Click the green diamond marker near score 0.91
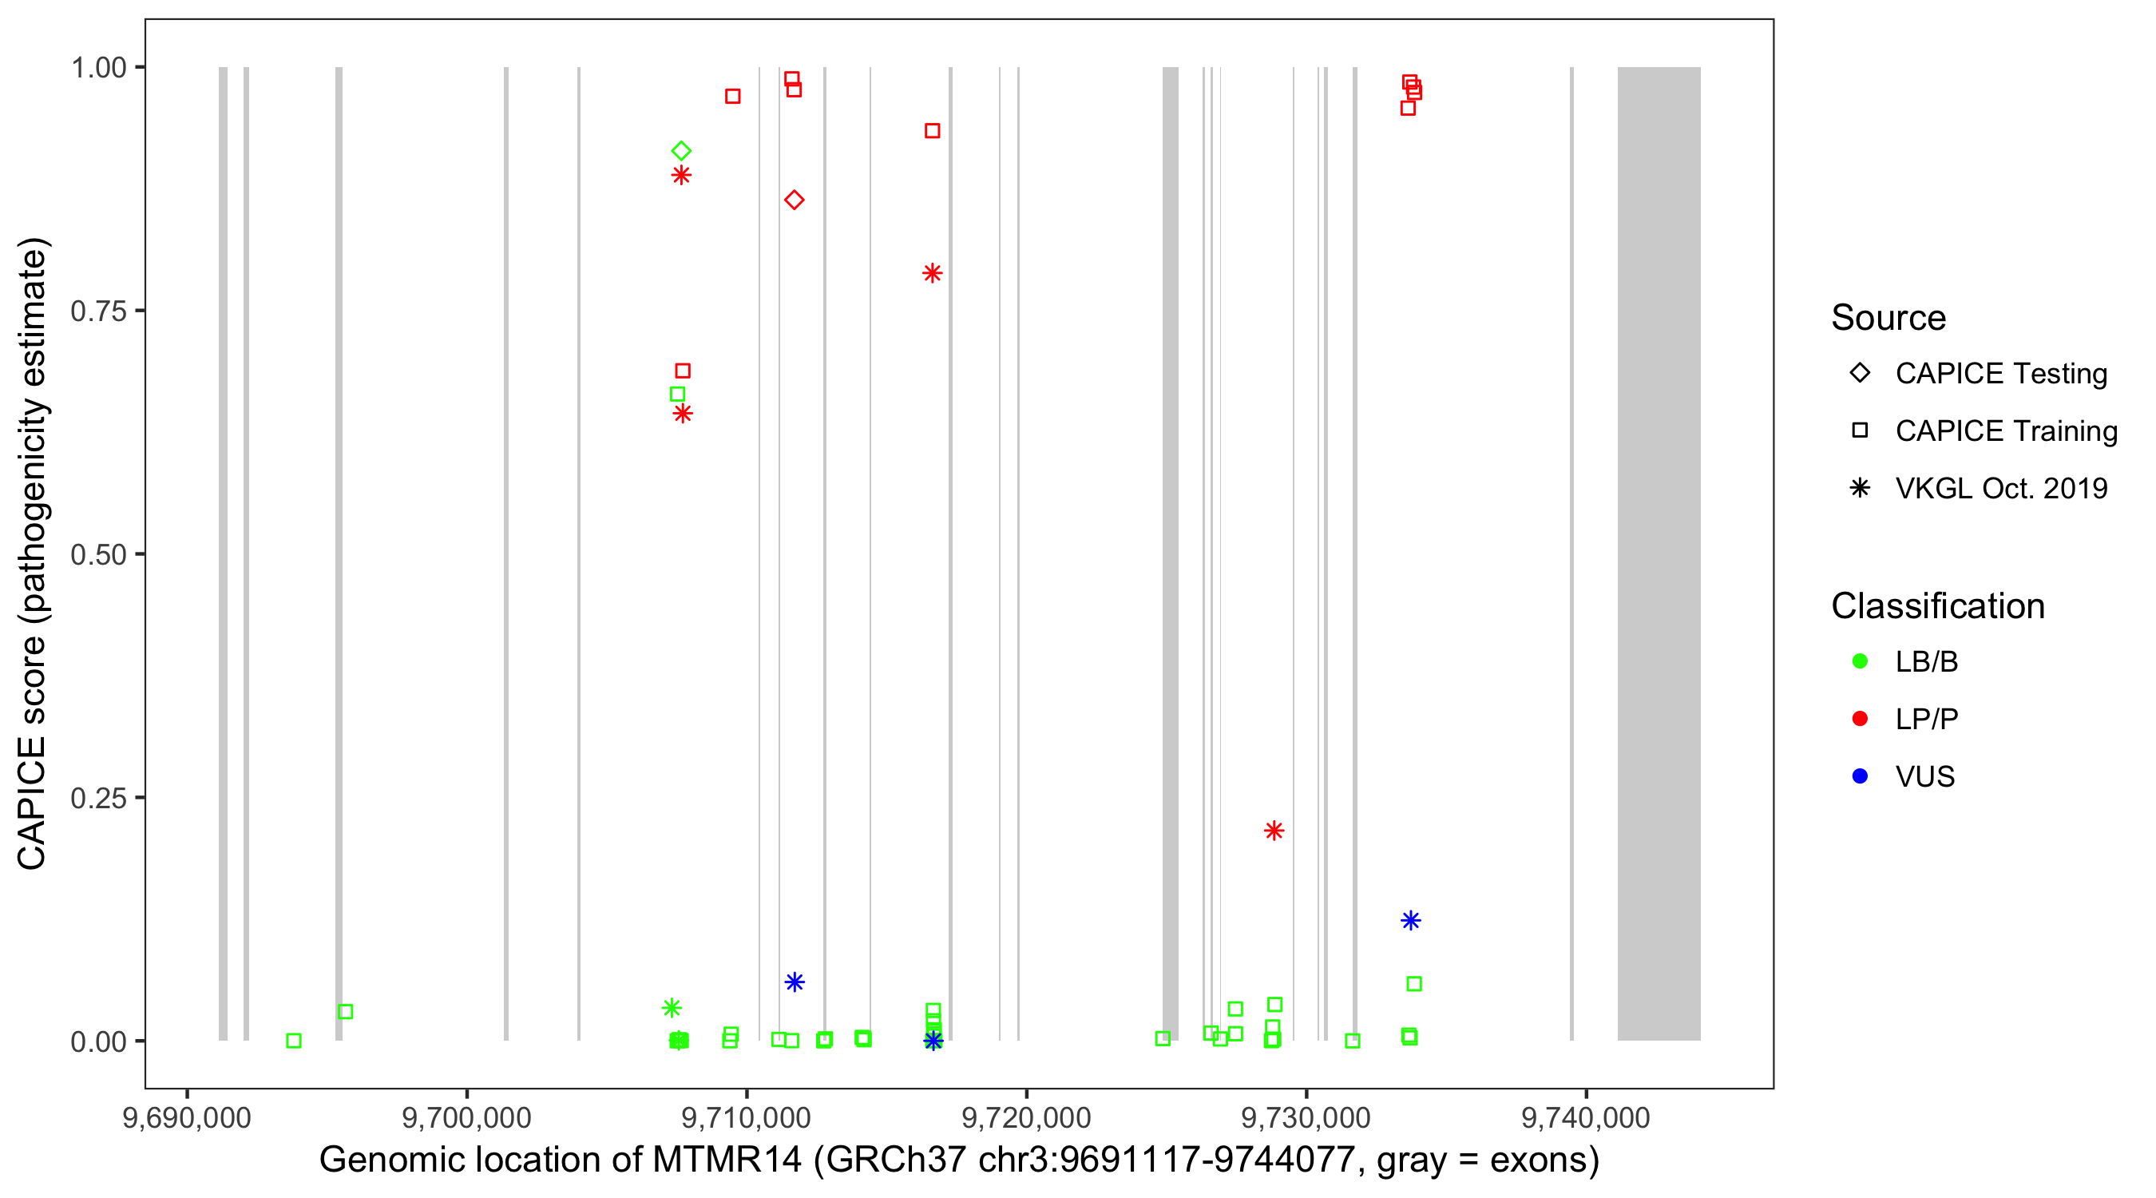point(681,151)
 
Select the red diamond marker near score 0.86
point(795,200)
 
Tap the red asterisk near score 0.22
point(1274,831)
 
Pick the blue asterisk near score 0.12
point(1410,921)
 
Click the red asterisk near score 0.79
point(933,274)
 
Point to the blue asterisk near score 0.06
point(795,982)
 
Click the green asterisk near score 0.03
point(672,1008)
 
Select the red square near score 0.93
point(933,131)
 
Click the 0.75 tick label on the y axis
point(98,311)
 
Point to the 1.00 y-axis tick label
point(98,68)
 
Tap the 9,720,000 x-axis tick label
point(1026,1118)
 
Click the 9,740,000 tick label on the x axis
point(1585,1118)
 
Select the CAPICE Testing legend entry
point(2000,374)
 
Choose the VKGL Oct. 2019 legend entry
point(2000,488)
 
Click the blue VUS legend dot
point(1860,776)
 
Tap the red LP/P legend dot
point(1860,719)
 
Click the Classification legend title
point(1937,606)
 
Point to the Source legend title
point(1888,318)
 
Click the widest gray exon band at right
point(1658,553)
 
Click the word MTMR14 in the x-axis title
point(727,1160)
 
